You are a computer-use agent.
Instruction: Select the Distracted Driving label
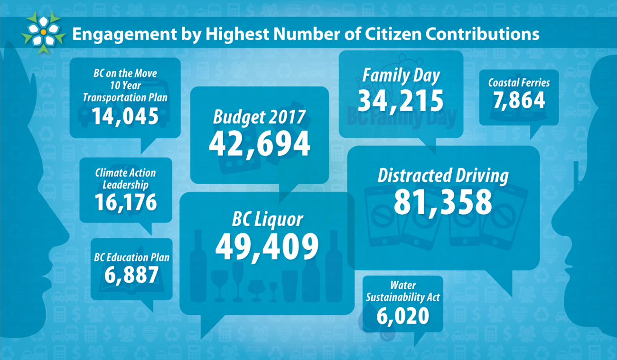click(442, 176)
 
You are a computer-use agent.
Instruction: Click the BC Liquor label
click(267, 219)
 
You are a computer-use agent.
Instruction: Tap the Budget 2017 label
click(259, 117)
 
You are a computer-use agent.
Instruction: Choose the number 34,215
click(401, 101)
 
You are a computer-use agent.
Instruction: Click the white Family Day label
click(401, 76)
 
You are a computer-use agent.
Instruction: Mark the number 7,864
click(519, 101)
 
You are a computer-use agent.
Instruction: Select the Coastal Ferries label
click(519, 83)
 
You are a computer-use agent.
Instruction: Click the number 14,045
click(125, 116)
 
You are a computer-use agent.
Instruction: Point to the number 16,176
click(125, 202)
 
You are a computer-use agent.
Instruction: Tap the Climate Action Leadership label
click(125, 179)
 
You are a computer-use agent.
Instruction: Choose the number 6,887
click(131, 275)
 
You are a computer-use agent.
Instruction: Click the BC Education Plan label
click(131, 257)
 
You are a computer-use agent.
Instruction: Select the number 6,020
click(402, 316)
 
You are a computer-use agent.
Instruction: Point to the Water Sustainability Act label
click(402, 291)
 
